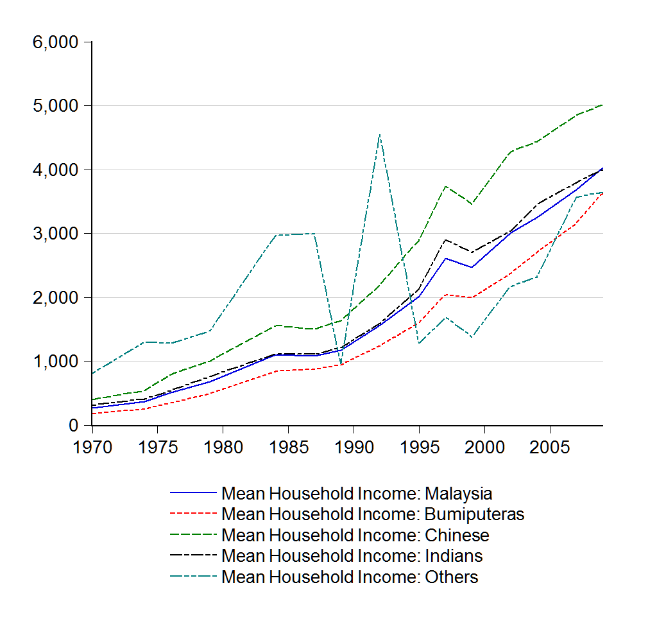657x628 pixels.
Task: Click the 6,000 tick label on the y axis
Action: (x=55, y=42)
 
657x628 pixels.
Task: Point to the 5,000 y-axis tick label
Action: (x=55, y=106)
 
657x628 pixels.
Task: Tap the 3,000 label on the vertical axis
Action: (x=55, y=234)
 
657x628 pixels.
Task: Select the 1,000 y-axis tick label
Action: (x=55, y=362)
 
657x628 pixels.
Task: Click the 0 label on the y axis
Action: (x=73, y=426)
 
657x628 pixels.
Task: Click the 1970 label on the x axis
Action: (x=92, y=446)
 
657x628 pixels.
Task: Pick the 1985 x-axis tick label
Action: (x=288, y=446)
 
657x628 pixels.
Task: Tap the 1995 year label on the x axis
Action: (x=419, y=446)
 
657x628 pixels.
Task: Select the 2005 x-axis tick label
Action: (x=549, y=446)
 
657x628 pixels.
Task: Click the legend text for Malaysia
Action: (x=357, y=494)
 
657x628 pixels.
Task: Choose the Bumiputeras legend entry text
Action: (x=373, y=514)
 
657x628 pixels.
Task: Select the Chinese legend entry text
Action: (x=355, y=535)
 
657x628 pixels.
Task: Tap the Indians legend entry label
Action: (x=352, y=555)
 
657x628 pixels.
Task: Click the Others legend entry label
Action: (x=350, y=577)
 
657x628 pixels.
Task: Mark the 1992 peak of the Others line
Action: (x=380, y=134)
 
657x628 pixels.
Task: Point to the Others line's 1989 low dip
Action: (x=341, y=364)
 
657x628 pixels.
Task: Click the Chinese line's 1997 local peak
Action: (x=445, y=186)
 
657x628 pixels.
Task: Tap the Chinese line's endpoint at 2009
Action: (x=602, y=105)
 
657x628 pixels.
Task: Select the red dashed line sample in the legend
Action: (x=193, y=514)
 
